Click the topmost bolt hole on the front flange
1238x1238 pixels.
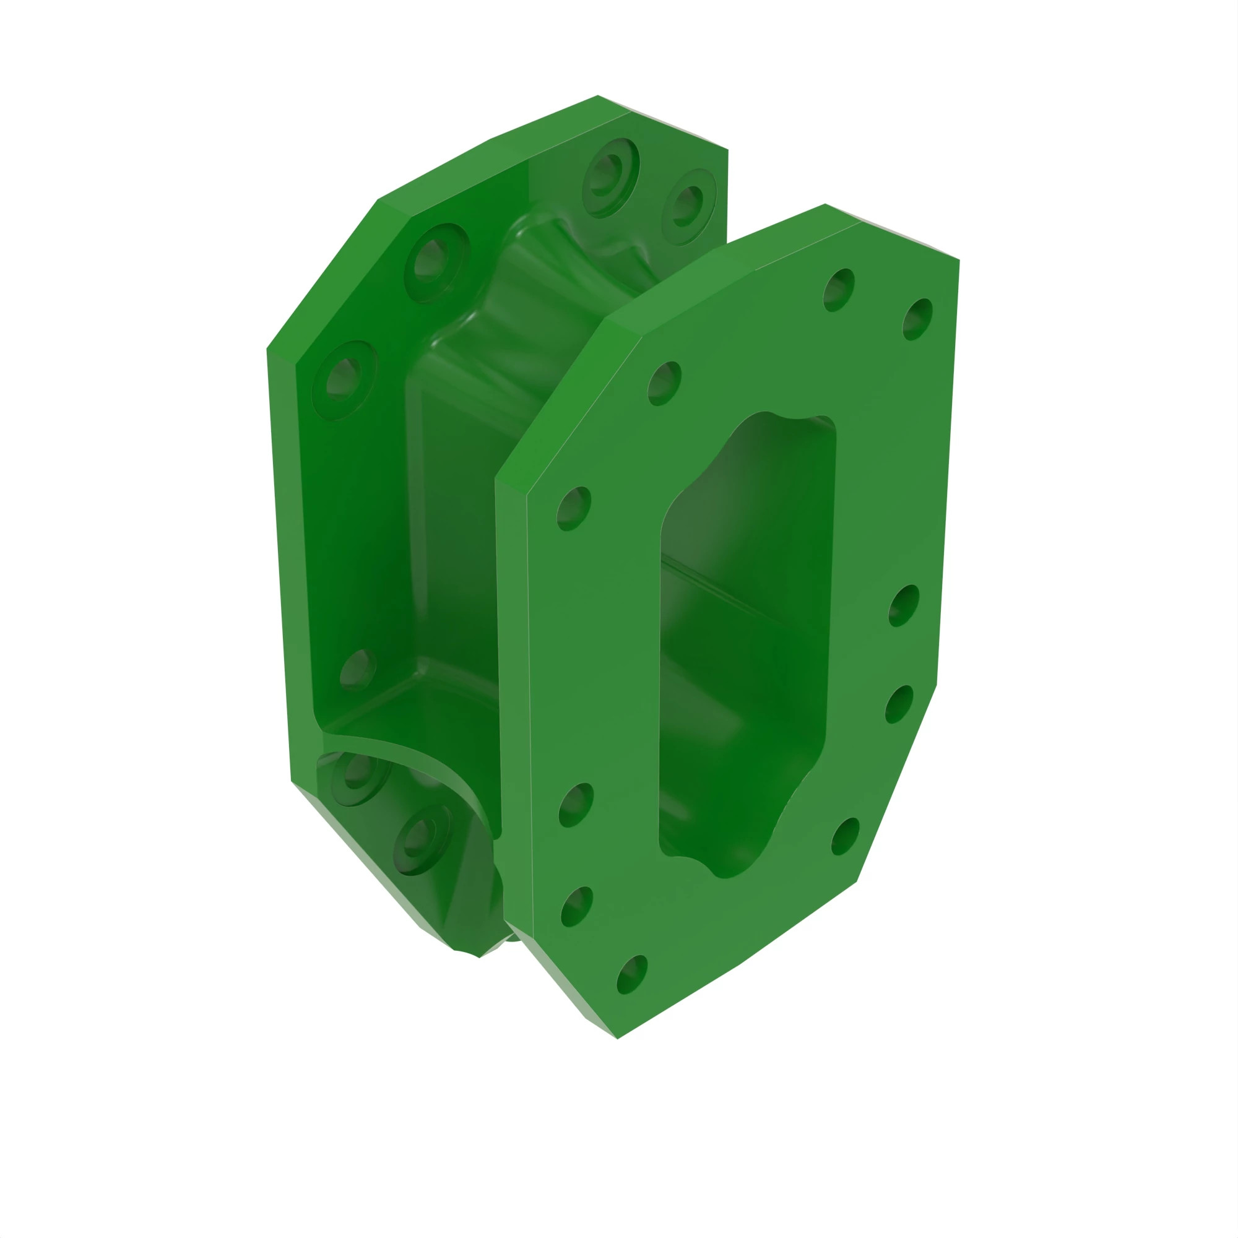(x=838, y=290)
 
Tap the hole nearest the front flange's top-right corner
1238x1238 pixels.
(x=917, y=319)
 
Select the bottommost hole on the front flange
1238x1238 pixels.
(x=632, y=975)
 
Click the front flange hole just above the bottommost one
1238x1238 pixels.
(x=576, y=906)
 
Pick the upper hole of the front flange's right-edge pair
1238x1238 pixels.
(x=904, y=605)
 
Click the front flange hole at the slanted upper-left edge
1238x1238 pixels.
(x=664, y=383)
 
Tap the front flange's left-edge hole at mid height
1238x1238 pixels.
(x=574, y=508)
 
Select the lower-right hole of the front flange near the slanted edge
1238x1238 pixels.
(x=845, y=836)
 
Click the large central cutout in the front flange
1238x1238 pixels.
(x=743, y=641)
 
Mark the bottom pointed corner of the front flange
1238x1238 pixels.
(x=617, y=1038)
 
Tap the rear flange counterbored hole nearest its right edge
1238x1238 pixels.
(x=688, y=206)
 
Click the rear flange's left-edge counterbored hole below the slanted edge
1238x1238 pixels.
(x=344, y=379)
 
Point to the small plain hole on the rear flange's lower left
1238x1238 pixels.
(x=357, y=670)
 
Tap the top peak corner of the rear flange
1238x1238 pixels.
(x=598, y=96)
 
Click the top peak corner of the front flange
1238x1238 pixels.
(x=825, y=204)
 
